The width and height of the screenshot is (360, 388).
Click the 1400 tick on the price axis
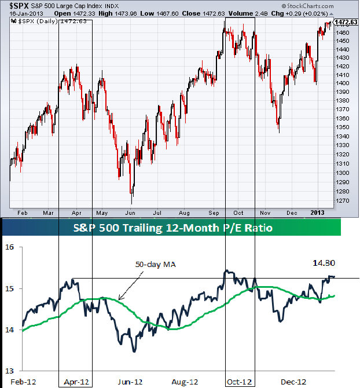343,83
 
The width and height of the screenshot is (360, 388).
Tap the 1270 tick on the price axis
343,201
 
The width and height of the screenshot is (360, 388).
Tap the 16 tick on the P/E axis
9,248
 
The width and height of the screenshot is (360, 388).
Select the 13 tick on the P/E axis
9,371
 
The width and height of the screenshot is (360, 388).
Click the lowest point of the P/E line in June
134,352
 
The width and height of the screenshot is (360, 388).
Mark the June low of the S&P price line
132,203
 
